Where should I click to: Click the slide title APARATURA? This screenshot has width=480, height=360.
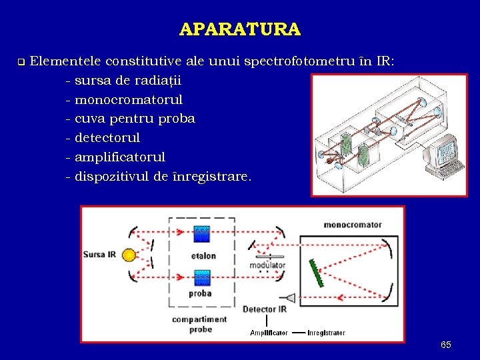(240, 29)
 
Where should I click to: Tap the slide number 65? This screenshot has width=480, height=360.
(446, 345)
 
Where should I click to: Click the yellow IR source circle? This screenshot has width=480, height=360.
(129, 255)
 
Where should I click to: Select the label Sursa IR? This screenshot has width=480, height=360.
(99, 255)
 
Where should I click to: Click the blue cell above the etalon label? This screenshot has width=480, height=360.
(201, 235)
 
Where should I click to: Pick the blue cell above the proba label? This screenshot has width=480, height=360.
(201, 277)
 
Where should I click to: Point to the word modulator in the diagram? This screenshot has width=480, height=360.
(268, 265)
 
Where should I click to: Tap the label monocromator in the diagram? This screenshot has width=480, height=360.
(353, 225)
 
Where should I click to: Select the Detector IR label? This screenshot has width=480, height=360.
(265, 309)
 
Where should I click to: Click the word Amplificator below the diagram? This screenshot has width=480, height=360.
(269, 333)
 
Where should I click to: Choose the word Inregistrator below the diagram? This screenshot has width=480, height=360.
(327, 333)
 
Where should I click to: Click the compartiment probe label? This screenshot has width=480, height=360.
(199, 324)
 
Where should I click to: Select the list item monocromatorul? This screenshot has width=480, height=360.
(128, 100)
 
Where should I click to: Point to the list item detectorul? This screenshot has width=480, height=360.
(107, 138)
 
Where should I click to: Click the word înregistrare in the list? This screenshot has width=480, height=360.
(216, 177)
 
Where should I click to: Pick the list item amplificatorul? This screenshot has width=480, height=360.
(119, 157)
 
